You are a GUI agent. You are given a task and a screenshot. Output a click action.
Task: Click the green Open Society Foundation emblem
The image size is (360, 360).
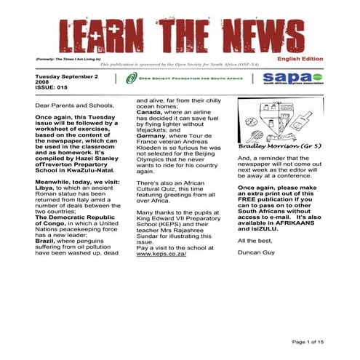(x=131, y=79)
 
